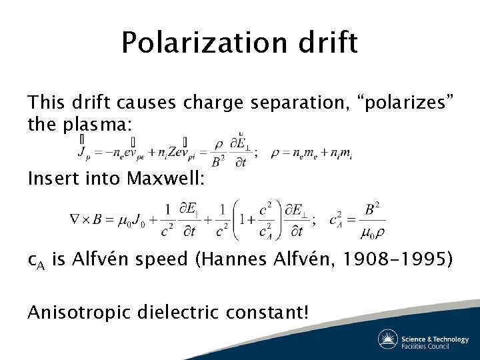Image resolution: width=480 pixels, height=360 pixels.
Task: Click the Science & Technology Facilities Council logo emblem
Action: (388, 339)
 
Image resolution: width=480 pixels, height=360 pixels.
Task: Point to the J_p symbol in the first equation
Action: (84, 153)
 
